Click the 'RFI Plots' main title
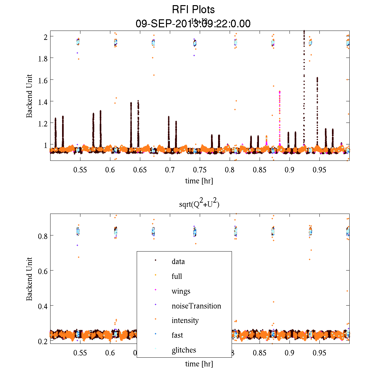click(193, 9)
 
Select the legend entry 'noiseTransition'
click(196, 306)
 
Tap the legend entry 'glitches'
click(184, 350)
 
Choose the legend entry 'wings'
click(181, 291)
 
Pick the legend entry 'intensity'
click(185, 321)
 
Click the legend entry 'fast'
click(177, 335)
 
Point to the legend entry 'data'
click(178, 262)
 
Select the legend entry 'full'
click(177, 276)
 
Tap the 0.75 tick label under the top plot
click(199, 170)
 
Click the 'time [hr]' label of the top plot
click(199, 181)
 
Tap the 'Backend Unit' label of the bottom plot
click(29, 279)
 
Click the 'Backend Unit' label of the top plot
click(29, 96)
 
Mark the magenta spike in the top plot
click(280, 116)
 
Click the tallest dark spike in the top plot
click(304, 80)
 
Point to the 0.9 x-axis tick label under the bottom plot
click(289, 353)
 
